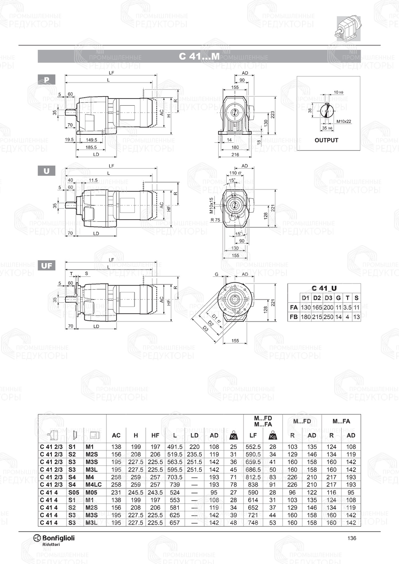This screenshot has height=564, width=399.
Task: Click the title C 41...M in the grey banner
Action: pyautogui.click(x=199, y=56)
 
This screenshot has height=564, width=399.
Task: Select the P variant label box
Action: pyautogui.click(x=47, y=80)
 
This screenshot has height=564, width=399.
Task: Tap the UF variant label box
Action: pyautogui.click(x=47, y=265)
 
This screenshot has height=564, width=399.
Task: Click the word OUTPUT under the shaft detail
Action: pyautogui.click(x=326, y=140)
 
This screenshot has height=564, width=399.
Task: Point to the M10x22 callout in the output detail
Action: pyautogui.click(x=344, y=121)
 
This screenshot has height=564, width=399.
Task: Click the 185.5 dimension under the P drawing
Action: pyautogui.click(x=91, y=147)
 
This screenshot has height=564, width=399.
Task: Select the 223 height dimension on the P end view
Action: pyautogui.click(x=273, y=114)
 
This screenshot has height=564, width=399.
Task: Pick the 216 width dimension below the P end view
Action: pyautogui.click(x=235, y=155)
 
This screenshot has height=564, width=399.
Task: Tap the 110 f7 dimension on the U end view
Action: pyautogui.click(x=235, y=173)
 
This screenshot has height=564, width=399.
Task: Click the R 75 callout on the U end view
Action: pyautogui.click(x=215, y=220)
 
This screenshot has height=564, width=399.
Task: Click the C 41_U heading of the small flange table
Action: pyautogui.click(x=324, y=288)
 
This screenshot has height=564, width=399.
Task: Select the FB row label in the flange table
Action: pyautogui.click(x=294, y=317)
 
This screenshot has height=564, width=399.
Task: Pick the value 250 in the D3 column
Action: pyautogui.click(x=328, y=317)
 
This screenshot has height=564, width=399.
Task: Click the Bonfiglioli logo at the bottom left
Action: pyautogui.click(x=54, y=539)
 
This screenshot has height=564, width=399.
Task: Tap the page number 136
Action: pyautogui.click(x=352, y=538)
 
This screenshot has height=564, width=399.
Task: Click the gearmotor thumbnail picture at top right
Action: pyautogui.click(x=348, y=28)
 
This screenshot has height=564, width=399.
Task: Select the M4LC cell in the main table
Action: pyautogui.click(x=93, y=485)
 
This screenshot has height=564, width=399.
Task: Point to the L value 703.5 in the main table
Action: pyautogui.click(x=175, y=477)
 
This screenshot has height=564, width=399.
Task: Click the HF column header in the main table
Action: pyautogui.click(x=155, y=436)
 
